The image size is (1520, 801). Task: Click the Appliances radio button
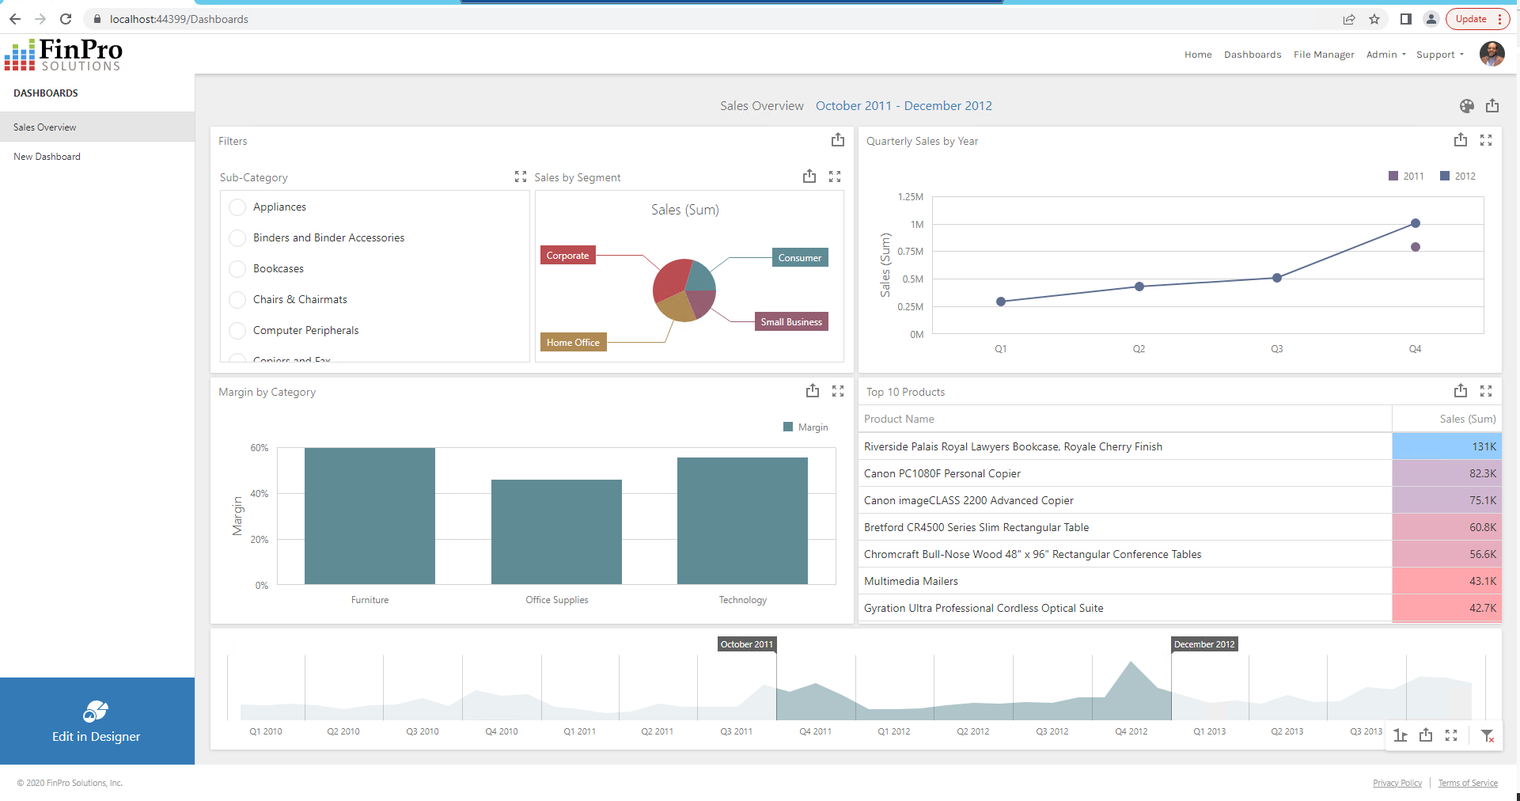click(x=237, y=207)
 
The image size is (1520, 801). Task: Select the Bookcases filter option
click(x=278, y=269)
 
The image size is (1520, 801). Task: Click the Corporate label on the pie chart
click(x=567, y=256)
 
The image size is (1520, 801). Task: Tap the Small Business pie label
click(x=790, y=322)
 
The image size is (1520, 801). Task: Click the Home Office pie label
click(x=573, y=343)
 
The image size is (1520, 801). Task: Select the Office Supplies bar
click(x=556, y=531)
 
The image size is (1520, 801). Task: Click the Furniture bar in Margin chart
click(x=370, y=515)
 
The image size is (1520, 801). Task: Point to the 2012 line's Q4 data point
click(x=1415, y=223)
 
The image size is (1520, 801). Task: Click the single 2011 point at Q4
click(x=1415, y=247)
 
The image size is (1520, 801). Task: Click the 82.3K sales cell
click(x=1446, y=473)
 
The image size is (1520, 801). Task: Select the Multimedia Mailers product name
click(x=911, y=582)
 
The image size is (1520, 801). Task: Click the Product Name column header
click(x=899, y=419)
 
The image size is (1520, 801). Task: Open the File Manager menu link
click(x=1323, y=55)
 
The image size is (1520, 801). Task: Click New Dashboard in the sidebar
click(x=47, y=157)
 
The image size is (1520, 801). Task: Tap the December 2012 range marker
click(x=1203, y=644)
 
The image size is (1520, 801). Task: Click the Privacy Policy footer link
click(x=1397, y=783)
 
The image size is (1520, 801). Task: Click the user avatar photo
click(x=1492, y=54)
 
